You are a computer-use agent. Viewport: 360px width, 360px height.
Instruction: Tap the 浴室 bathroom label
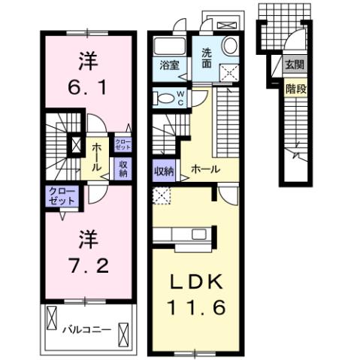tap(168, 65)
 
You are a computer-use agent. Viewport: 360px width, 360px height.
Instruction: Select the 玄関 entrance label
tap(294, 65)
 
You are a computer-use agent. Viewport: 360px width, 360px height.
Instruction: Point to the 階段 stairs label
tap(295, 88)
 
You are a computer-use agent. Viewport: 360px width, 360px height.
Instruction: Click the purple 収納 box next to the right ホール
tap(164, 170)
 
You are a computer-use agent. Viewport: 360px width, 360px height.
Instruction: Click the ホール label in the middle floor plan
tap(204, 170)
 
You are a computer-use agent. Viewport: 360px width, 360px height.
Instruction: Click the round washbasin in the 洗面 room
tap(230, 46)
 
